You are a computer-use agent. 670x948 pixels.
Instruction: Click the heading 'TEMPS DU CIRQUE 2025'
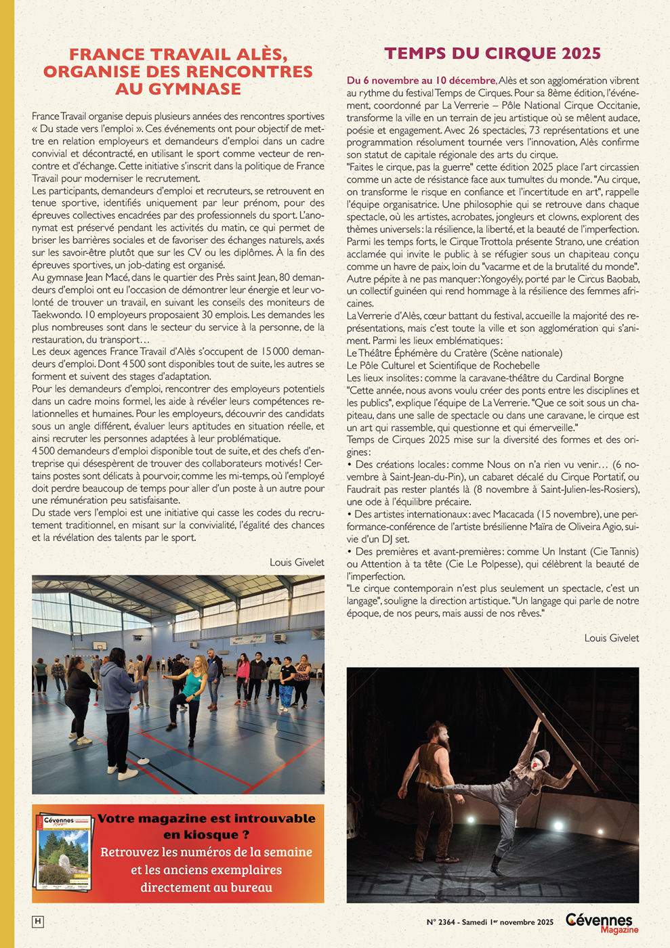pyautogui.click(x=493, y=54)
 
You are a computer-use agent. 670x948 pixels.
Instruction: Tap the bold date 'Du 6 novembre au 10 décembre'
pyautogui.click(x=421, y=81)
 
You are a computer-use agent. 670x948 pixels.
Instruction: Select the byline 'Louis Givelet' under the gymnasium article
pyautogui.click(x=297, y=562)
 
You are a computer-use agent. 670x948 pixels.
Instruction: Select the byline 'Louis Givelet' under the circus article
pyautogui.click(x=612, y=638)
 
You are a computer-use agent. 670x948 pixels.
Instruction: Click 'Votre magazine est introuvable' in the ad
pyautogui.click(x=207, y=818)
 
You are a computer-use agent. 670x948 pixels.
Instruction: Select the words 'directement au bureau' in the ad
pyautogui.click(x=207, y=887)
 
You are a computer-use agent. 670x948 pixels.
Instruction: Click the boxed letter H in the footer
pyautogui.click(x=38, y=922)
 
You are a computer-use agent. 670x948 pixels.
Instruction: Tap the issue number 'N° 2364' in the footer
pyautogui.click(x=441, y=922)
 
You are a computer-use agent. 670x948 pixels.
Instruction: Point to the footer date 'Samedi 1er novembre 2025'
pyautogui.click(x=507, y=922)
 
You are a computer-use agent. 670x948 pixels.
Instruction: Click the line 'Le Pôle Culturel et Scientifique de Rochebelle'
pyautogui.click(x=443, y=366)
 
